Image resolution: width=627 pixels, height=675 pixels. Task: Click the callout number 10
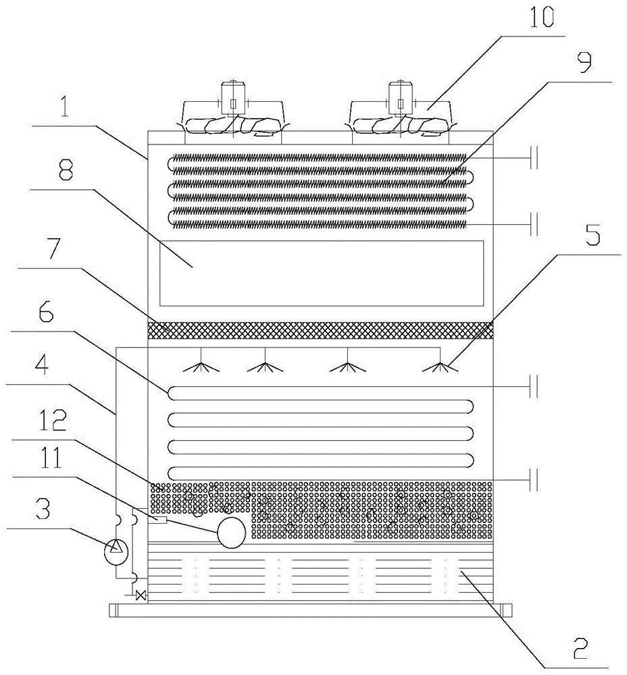[542, 18]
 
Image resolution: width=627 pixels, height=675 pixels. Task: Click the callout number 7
[53, 248]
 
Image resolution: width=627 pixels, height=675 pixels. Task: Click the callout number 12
[54, 420]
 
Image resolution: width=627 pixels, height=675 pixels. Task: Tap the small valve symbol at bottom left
[140, 596]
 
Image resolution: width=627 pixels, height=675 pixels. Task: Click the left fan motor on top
[232, 98]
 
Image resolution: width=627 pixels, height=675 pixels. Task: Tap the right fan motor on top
[401, 98]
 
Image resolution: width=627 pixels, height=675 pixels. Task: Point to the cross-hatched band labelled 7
[320, 330]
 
